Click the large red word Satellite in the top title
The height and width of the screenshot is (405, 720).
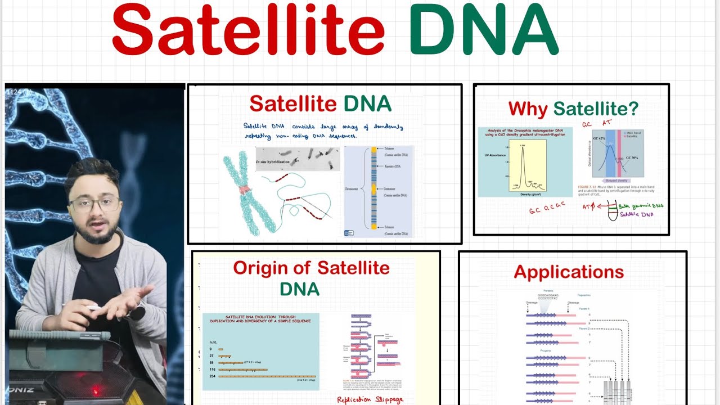[248, 33]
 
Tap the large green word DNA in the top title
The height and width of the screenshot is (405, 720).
[484, 33]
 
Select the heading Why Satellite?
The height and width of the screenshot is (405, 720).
[573, 109]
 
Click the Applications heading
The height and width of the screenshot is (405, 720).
[569, 272]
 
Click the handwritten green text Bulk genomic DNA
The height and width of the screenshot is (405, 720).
[641, 206]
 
